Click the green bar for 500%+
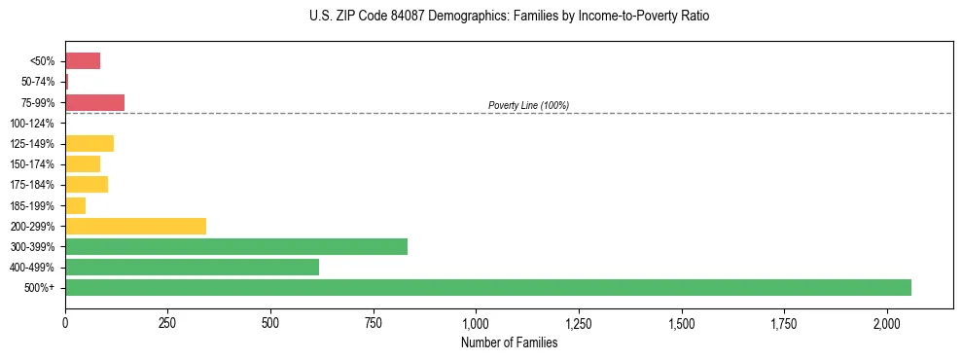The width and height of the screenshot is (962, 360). click(x=487, y=287)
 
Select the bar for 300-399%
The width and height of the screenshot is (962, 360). click(x=236, y=246)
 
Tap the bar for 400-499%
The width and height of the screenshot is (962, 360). click(x=192, y=267)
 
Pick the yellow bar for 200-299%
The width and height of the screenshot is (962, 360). click(x=135, y=226)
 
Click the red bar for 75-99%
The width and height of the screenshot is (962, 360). click(x=94, y=102)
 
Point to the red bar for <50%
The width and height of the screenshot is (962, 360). click(x=83, y=61)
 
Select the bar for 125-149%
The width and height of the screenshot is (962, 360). click(x=89, y=144)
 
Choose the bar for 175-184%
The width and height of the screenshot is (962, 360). click(x=87, y=185)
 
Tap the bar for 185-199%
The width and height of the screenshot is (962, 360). click(x=75, y=205)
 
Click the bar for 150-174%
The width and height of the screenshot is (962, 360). click(x=83, y=164)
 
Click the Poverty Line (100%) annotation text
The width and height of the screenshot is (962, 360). click(x=528, y=105)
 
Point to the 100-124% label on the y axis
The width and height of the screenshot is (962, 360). click(x=33, y=124)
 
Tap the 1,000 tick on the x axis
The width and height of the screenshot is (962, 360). click(x=476, y=322)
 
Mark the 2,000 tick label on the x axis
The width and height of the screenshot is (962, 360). click(x=887, y=322)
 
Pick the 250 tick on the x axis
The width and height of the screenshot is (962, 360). click(x=167, y=322)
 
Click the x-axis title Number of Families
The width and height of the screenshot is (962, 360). click(x=509, y=342)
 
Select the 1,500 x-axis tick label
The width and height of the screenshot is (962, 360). click(x=681, y=322)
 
